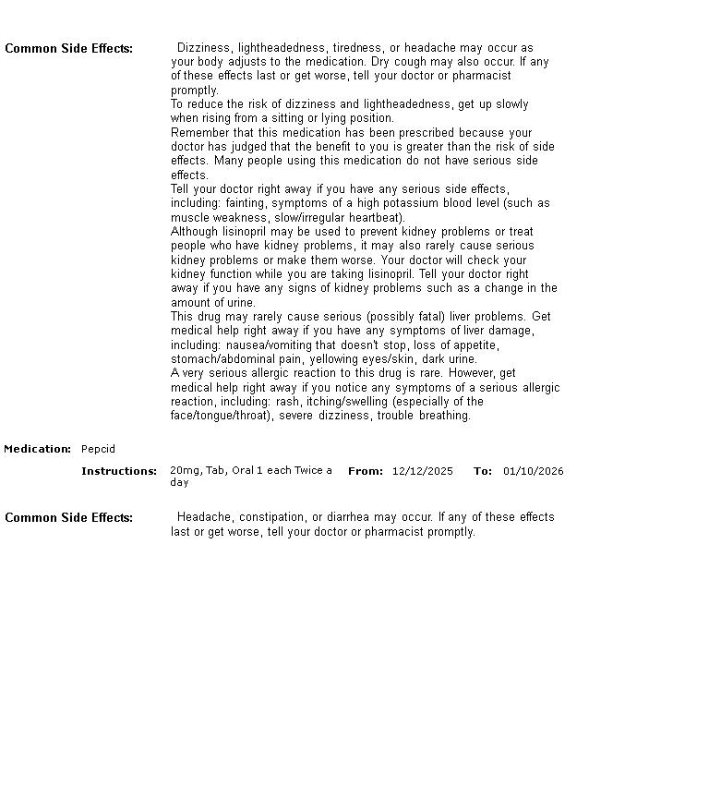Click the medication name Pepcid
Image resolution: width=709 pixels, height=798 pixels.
point(98,449)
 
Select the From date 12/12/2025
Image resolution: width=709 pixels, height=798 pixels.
point(422,471)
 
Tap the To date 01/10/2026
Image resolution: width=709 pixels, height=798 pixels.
point(533,471)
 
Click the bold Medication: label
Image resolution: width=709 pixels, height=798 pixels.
point(37,449)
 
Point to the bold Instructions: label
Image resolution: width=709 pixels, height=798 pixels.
point(119,471)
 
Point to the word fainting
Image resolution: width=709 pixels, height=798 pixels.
point(248,203)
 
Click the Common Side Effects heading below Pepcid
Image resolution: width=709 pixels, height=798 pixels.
point(68,517)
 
